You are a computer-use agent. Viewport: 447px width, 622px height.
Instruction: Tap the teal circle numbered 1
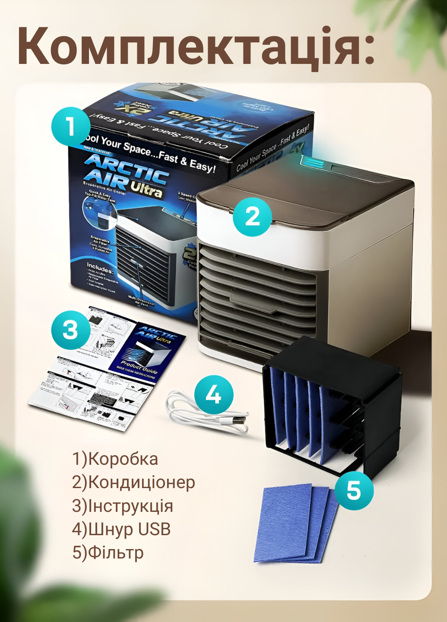tap(71, 127)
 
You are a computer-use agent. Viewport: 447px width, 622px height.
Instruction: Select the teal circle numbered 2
tap(252, 216)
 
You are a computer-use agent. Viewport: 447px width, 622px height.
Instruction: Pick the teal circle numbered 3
tap(70, 330)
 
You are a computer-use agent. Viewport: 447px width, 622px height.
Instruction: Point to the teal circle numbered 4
tap(213, 395)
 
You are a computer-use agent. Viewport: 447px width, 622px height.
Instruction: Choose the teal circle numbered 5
tap(353, 490)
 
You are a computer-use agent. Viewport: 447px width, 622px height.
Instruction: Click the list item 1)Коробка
tap(115, 459)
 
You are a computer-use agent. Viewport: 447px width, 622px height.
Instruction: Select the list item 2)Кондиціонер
tap(133, 482)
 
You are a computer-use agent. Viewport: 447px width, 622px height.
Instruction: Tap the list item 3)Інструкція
tap(123, 506)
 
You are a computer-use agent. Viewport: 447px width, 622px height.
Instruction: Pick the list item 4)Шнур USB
tap(121, 529)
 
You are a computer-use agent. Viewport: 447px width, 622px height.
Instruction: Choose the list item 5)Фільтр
tap(108, 552)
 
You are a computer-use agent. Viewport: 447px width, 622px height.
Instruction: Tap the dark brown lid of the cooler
tap(311, 194)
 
